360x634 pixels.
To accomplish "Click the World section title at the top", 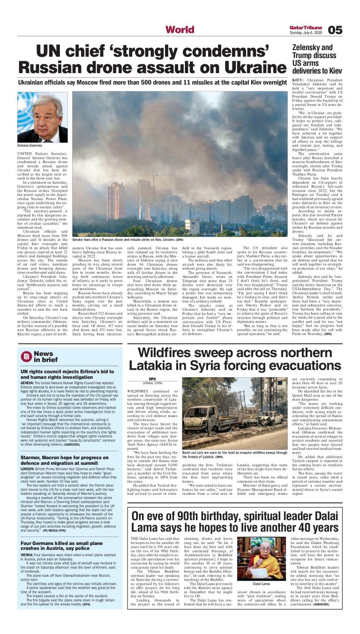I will click(180, 30).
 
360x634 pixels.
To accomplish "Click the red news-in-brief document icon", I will click(27, 357).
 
